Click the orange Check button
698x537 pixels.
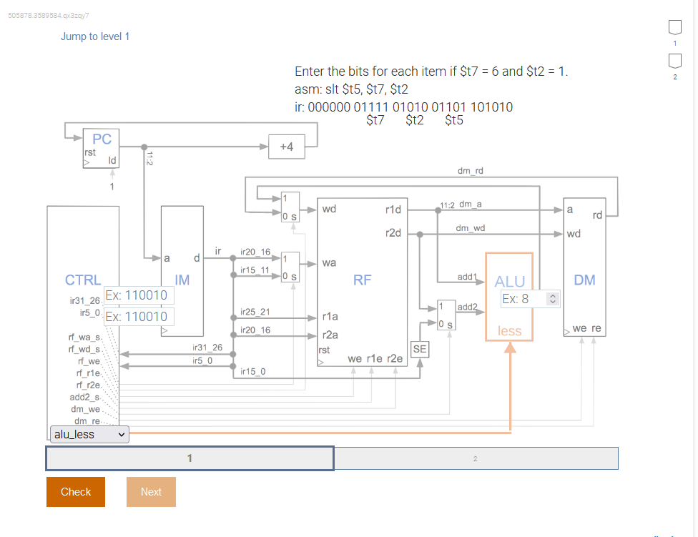76,492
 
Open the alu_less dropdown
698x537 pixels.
89,434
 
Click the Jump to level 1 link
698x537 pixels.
95,36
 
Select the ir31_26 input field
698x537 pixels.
137,295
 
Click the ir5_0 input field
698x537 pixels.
137,317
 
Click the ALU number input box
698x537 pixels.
529,299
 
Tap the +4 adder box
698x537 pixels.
286,147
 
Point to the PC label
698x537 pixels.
102,139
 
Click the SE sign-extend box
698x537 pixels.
420,349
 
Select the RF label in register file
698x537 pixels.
362,280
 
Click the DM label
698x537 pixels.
584,280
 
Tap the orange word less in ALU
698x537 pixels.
509,331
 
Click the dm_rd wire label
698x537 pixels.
470,171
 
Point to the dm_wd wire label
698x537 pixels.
470,228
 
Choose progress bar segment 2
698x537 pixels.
476,458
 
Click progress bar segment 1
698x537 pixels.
190,458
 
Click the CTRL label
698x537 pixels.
83,280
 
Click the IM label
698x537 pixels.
182,280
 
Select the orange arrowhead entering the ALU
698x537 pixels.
510,348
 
